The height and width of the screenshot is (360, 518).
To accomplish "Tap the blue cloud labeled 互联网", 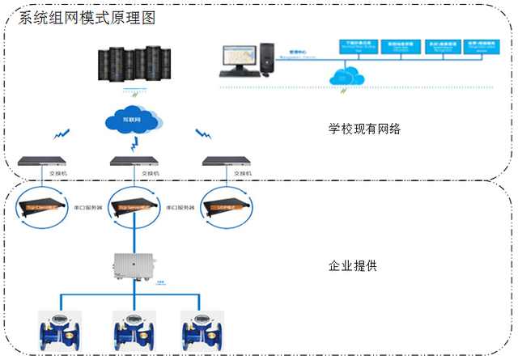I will pyautogui.click(x=132, y=121).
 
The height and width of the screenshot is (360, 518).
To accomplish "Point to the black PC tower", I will pyautogui.click(x=266, y=57).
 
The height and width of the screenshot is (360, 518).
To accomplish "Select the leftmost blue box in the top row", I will pyautogui.click(x=358, y=45).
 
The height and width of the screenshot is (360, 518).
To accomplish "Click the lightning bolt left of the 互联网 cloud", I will pyautogui.click(x=61, y=134).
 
